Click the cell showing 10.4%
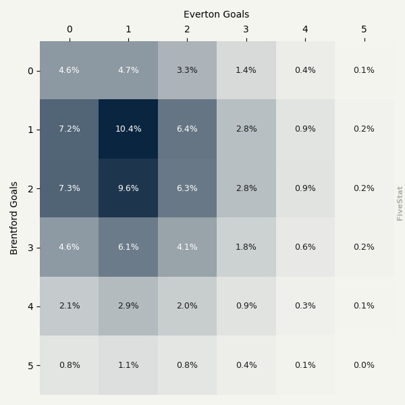128,129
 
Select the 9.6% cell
128,188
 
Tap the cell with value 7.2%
69,129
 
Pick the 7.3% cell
69,188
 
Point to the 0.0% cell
364,365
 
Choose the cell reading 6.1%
128,247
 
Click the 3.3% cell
187,70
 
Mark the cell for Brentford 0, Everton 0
69,70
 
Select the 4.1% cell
187,247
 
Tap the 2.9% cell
128,306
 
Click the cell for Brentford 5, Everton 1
128,365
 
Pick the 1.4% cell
246,70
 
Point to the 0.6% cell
305,247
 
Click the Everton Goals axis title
216,14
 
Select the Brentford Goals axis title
14,217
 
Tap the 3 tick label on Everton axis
246,29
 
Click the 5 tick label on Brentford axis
30,366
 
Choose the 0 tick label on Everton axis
69,29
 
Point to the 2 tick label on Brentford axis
30,188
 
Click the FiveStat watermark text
400,203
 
